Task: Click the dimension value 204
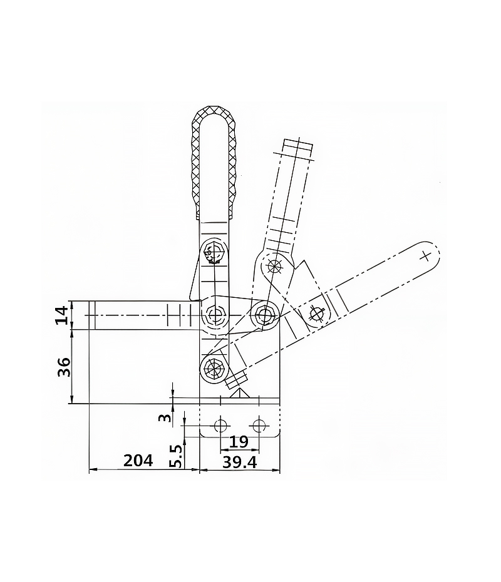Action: [x=138, y=461]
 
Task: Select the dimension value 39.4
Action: [x=240, y=462]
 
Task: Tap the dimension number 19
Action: [x=239, y=442]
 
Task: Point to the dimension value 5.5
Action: [x=177, y=457]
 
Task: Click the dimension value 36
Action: [x=64, y=367]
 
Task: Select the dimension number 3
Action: [x=165, y=418]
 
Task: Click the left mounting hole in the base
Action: [x=220, y=426]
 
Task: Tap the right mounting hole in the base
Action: [x=259, y=426]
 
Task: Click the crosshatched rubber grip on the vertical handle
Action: [x=214, y=163]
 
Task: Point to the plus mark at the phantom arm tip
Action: [x=425, y=256]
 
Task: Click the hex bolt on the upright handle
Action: [x=214, y=252]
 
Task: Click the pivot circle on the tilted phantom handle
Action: [x=275, y=265]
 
